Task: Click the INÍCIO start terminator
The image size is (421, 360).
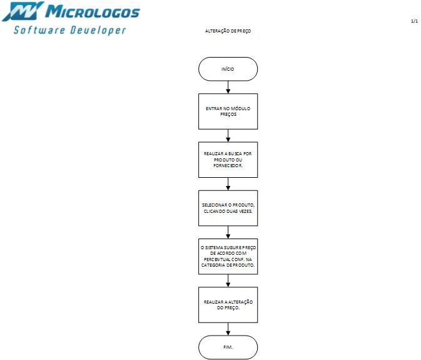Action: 228,69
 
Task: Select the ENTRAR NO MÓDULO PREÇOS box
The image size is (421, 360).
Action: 228,111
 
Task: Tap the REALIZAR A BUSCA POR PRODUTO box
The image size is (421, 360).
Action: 228,160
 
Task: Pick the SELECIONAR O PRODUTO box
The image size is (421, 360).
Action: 228,208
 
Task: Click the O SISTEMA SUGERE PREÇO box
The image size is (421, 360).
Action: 228,257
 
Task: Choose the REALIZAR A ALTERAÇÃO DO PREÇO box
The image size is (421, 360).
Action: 228,305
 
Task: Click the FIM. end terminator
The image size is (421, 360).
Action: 228,347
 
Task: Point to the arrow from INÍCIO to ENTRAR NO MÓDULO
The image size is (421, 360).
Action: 228,87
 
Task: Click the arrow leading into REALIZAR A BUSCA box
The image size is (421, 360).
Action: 228,135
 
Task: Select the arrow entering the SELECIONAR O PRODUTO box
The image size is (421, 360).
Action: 228,184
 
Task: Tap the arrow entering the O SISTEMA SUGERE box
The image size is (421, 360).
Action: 228,232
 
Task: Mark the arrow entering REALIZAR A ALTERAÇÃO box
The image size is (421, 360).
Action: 228,280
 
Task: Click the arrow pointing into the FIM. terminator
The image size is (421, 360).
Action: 228,329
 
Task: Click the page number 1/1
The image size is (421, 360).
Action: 414,21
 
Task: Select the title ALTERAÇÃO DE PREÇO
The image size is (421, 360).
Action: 228,31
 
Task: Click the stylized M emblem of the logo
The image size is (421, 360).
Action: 23,11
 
